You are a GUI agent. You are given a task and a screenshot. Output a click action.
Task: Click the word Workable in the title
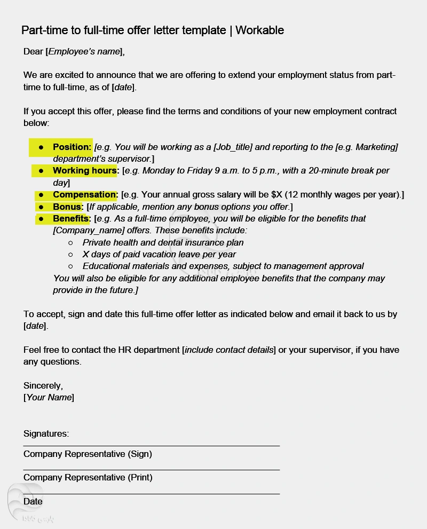(x=259, y=30)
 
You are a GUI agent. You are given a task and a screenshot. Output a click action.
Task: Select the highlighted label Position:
(x=72, y=147)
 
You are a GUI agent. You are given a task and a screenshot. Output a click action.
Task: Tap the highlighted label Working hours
(x=84, y=171)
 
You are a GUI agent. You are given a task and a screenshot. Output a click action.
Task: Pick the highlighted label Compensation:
(x=85, y=195)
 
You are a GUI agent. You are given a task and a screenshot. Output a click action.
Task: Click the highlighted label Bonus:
(x=68, y=207)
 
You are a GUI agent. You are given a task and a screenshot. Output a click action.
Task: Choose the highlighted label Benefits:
(x=72, y=218)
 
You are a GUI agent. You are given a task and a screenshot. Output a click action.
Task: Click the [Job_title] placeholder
(x=233, y=147)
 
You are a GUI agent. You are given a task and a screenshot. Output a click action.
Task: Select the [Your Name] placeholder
(x=49, y=397)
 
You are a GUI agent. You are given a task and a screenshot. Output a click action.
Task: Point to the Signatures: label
(x=46, y=433)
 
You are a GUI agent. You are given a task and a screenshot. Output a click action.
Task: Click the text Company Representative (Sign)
(x=88, y=454)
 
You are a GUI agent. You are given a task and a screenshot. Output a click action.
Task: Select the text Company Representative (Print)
(x=88, y=477)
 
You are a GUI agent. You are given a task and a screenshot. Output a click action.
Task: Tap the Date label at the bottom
(x=33, y=501)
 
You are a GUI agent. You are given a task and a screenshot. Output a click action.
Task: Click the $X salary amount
(x=277, y=195)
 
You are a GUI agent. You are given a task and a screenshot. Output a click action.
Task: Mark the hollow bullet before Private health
(x=70, y=242)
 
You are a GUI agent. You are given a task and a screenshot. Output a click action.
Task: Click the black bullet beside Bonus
(x=41, y=207)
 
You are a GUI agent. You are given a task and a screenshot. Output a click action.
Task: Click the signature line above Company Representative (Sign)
(x=151, y=445)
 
